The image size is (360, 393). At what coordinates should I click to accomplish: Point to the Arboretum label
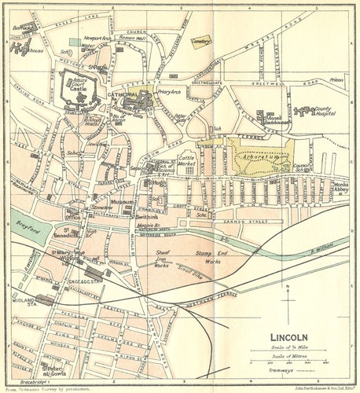(x=259, y=157)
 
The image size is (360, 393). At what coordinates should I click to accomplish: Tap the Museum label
(x=122, y=202)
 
